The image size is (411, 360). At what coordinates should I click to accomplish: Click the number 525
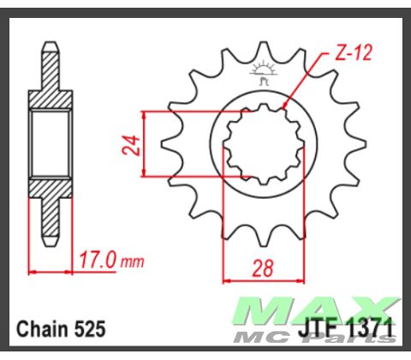click(92, 328)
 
